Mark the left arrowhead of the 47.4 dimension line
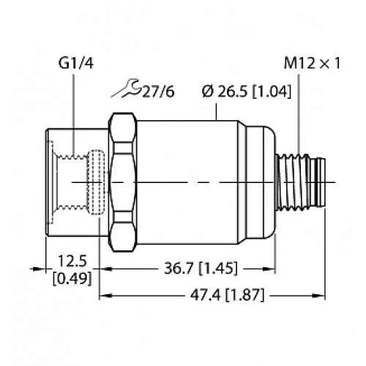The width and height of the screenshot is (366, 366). [x=103, y=295]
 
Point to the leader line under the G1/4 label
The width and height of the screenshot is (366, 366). [x=74, y=102]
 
